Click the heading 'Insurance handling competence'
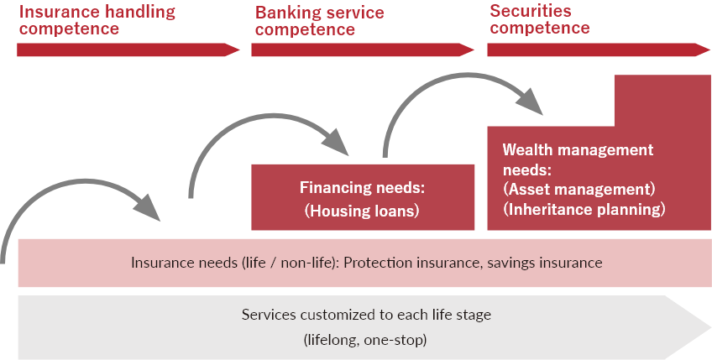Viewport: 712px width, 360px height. (x=97, y=20)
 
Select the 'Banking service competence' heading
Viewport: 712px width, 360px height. (x=320, y=21)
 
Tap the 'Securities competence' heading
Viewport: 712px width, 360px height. (x=540, y=19)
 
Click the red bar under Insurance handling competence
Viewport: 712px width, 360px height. (x=128, y=50)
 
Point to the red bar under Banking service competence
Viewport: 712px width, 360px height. (x=363, y=50)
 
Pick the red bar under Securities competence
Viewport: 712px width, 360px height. (x=599, y=50)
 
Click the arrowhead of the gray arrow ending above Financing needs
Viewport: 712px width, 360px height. (x=335, y=141)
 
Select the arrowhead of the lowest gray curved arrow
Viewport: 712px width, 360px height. (x=147, y=207)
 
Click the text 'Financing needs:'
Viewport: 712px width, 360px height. (x=362, y=187)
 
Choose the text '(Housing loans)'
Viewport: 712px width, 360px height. (x=362, y=211)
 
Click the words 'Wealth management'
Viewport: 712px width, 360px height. (x=578, y=149)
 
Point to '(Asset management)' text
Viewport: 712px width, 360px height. (x=579, y=190)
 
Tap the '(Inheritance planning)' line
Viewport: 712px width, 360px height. (x=584, y=209)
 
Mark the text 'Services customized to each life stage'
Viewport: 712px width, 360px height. (x=366, y=315)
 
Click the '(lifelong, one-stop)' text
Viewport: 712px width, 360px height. (x=365, y=340)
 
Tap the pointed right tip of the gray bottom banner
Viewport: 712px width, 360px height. (x=710, y=327)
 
